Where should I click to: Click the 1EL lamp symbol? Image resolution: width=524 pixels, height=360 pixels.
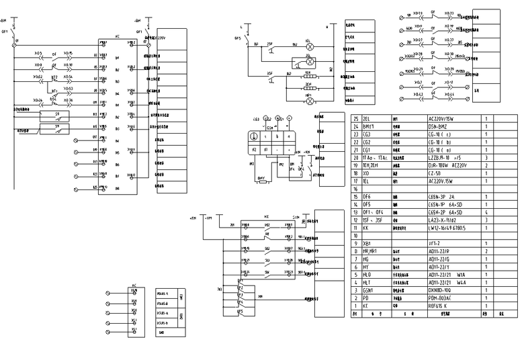310,46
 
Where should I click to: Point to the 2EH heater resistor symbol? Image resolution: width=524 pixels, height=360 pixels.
310,88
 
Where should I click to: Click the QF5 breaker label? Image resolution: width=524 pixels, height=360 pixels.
238,38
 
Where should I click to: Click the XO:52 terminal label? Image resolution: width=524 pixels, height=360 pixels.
38,77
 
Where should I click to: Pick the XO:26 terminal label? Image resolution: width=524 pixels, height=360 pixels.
38,100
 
